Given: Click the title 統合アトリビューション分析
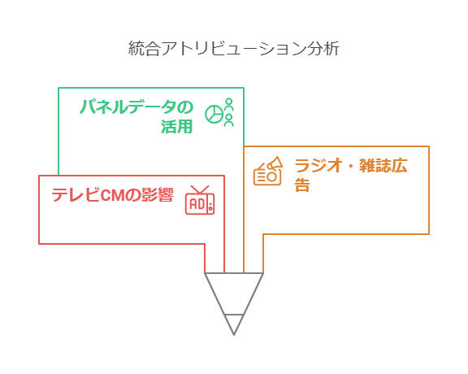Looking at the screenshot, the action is [234, 49].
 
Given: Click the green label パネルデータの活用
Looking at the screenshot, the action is [136, 116].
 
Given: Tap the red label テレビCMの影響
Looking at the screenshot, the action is [112, 195].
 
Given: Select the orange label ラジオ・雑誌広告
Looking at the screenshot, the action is [351, 175].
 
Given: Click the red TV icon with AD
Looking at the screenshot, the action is [200, 200].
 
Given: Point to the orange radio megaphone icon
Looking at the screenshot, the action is [268, 171].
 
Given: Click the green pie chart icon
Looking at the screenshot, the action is [214, 114].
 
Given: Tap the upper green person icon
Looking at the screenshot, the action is [229, 104].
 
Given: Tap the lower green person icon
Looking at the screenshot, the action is [229, 120].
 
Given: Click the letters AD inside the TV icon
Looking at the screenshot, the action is [197, 204].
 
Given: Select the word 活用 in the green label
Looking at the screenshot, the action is [177, 126].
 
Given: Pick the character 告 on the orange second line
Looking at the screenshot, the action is [302, 185].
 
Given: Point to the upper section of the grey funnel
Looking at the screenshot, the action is [234, 294].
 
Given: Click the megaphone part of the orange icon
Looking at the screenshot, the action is [275, 163].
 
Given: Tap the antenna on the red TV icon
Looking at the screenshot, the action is [200, 189].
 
